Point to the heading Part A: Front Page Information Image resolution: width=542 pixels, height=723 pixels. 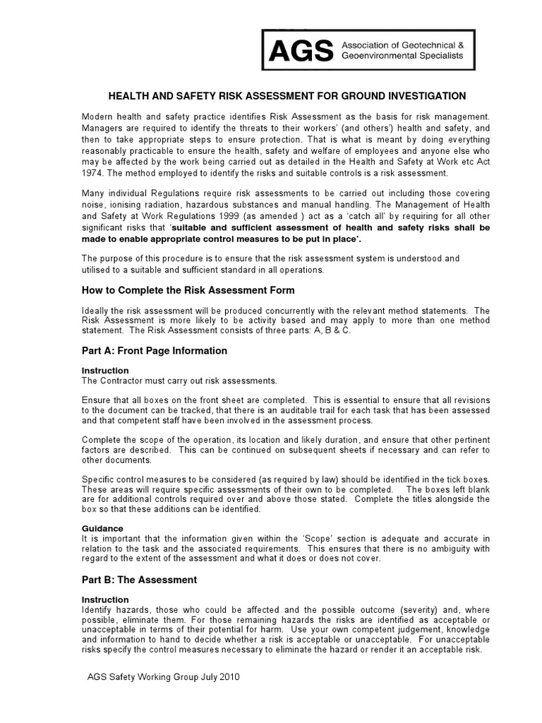[x=154, y=351]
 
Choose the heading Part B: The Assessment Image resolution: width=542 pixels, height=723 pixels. [x=138, y=580]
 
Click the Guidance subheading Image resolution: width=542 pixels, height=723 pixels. [x=102, y=528]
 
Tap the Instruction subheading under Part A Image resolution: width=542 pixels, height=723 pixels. [x=105, y=371]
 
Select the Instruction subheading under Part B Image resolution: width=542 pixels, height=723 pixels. [x=105, y=599]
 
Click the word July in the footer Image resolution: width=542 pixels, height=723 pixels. [x=204, y=676]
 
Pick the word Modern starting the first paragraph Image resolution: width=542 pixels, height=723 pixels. [x=98, y=115]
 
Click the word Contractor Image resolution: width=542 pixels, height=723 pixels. [x=123, y=381]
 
